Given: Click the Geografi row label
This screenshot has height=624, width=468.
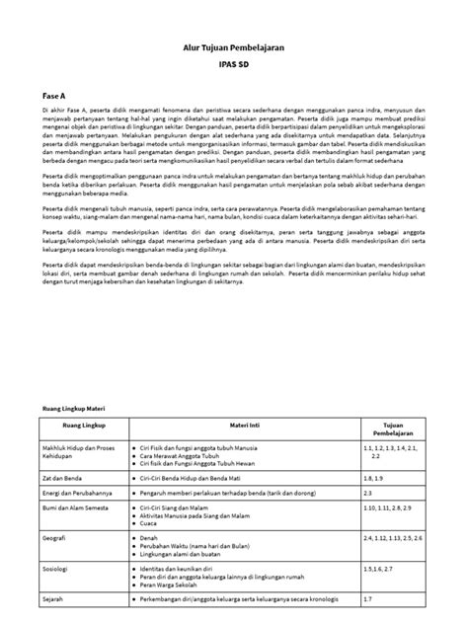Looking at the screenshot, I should [57, 539].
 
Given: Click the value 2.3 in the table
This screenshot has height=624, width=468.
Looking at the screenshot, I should [367, 491].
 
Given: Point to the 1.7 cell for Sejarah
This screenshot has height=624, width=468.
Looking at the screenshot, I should [367, 601].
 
